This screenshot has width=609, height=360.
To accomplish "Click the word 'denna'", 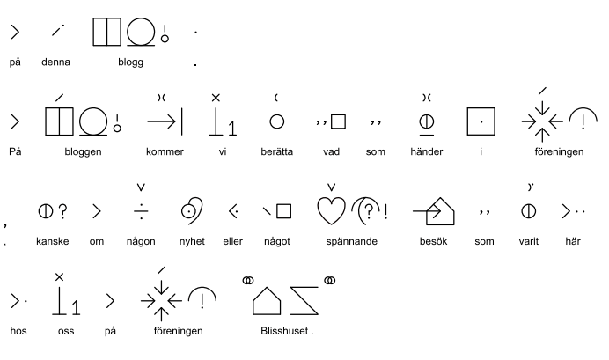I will point(55,62).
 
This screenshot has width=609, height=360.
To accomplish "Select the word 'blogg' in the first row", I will point(130,62).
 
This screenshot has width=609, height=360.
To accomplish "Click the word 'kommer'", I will point(165,151).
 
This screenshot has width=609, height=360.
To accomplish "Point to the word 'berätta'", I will point(277,151).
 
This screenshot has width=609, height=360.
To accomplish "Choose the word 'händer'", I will point(428,151).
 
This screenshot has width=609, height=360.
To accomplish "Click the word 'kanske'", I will point(51,242).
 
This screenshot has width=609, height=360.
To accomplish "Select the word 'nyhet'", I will point(192,242).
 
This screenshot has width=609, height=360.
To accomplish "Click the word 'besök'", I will point(436,242).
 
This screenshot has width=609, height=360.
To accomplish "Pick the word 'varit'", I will point(529,242).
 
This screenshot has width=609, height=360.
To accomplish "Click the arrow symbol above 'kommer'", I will point(165,121).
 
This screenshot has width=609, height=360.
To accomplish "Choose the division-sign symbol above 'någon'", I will point(140,211).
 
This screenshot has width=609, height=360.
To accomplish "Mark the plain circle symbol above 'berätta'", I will point(276,121).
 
